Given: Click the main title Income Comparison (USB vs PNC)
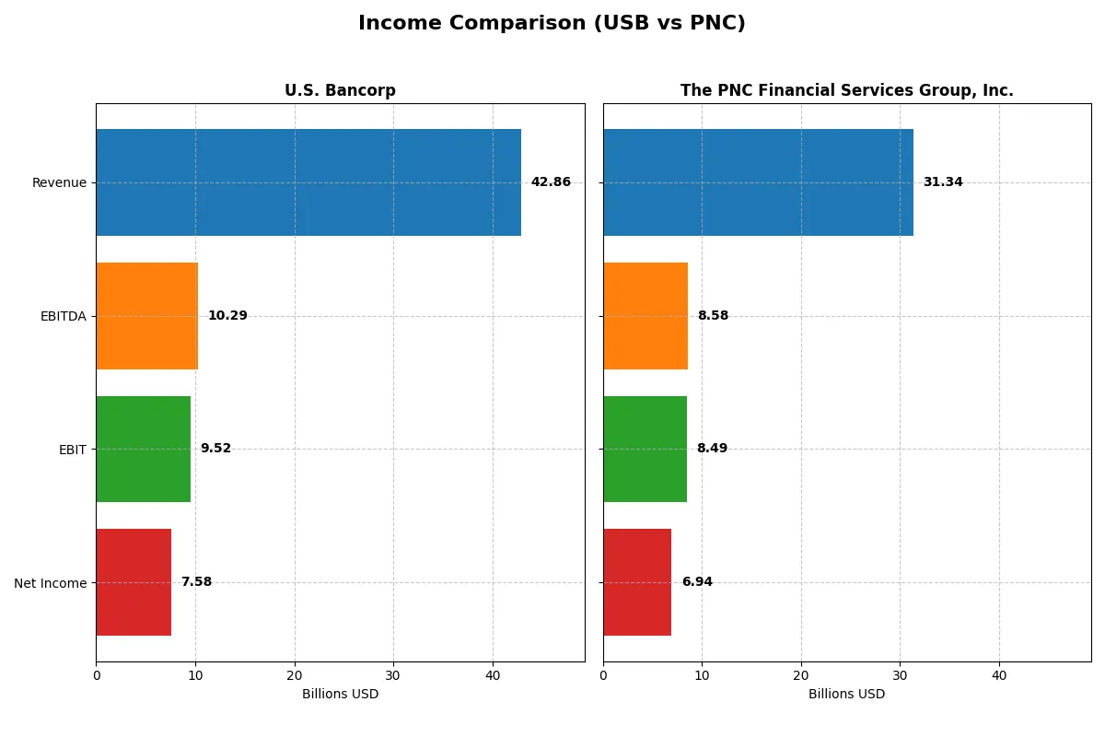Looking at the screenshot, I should click(552, 24).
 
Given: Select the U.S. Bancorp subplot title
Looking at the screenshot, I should click(340, 90).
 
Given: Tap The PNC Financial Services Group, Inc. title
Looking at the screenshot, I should click(846, 90).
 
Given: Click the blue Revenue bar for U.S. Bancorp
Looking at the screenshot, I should click(308, 182).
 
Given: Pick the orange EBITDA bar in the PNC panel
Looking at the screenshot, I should click(646, 316).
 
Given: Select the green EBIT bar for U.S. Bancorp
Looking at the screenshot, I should click(144, 449).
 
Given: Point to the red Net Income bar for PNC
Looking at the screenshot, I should click(637, 582).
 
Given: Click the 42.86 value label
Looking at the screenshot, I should click(551, 182).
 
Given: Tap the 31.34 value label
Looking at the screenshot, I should click(943, 182).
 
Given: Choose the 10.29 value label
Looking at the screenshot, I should click(227, 316).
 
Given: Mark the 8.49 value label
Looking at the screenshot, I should click(712, 449).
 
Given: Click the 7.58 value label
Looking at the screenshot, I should click(196, 582).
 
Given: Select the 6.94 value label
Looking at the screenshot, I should click(697, 582).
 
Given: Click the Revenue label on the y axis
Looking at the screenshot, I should click(59, 182).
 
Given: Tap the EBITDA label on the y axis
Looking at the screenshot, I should click(63, 316).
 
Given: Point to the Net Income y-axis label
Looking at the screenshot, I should click(51, 582).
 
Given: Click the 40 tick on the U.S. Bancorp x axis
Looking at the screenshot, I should click(493, 675).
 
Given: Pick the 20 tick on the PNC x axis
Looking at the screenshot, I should click(801, 675).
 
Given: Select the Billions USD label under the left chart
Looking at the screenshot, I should click(340, 695).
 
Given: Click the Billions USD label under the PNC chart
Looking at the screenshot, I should click(846, 695).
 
